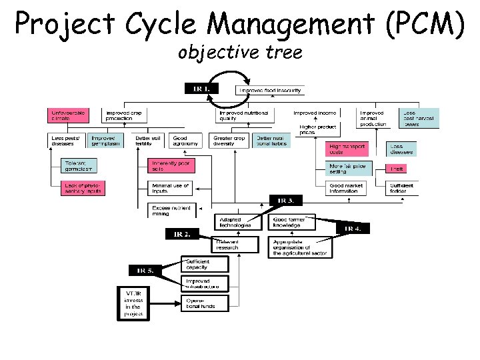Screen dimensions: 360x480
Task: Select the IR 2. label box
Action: pyautogui.click(x=183, y=234)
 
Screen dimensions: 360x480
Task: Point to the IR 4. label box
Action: pyautogui.click(x=353, y=229)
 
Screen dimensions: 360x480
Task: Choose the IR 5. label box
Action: pyautogui.click(x=145, y=270)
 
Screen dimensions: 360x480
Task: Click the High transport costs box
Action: pyautogui.click(x=347, y=149)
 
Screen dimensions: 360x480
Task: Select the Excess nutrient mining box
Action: pyautogui.click(x=171, y=210)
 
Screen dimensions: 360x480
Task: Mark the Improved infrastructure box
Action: pyautogui.click(x=204, y=283)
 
